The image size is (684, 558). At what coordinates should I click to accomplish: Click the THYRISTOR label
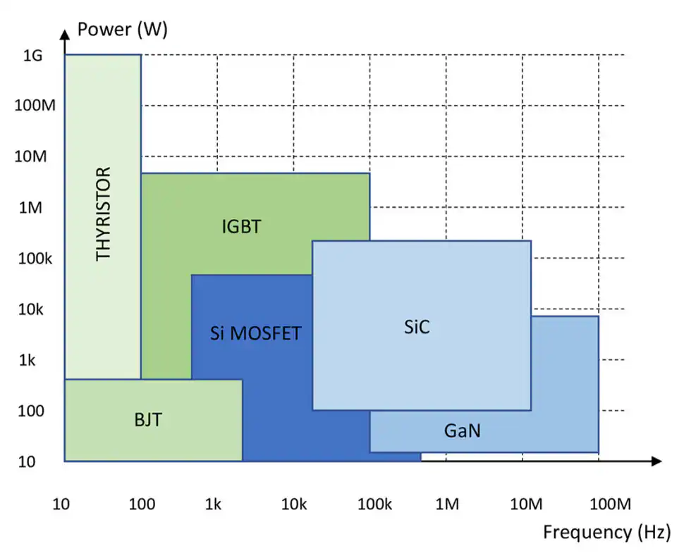coord(104,213)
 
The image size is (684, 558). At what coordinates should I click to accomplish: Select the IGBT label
coord(241,227)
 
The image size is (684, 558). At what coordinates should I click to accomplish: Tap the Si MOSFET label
coord(255,333)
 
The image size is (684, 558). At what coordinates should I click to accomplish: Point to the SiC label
coord(417,328)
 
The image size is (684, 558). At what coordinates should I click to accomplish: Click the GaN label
coord(463,430)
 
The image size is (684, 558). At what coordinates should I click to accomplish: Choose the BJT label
coord(148,420)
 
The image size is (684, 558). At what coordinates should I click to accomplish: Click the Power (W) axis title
coord(122,30)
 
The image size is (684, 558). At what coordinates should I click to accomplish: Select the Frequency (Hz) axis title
coord(606,533)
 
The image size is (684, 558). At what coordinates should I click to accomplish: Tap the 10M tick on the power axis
coord(30,156)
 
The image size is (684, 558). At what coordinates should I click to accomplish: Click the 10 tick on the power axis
coord(27,461)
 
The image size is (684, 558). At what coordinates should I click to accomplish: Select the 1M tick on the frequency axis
coord(447,504)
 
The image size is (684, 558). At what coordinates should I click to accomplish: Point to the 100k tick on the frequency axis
coord(374,504)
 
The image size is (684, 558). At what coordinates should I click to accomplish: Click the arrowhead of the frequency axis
coord(656,461)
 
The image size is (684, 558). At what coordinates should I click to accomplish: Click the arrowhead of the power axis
coord(65,32)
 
